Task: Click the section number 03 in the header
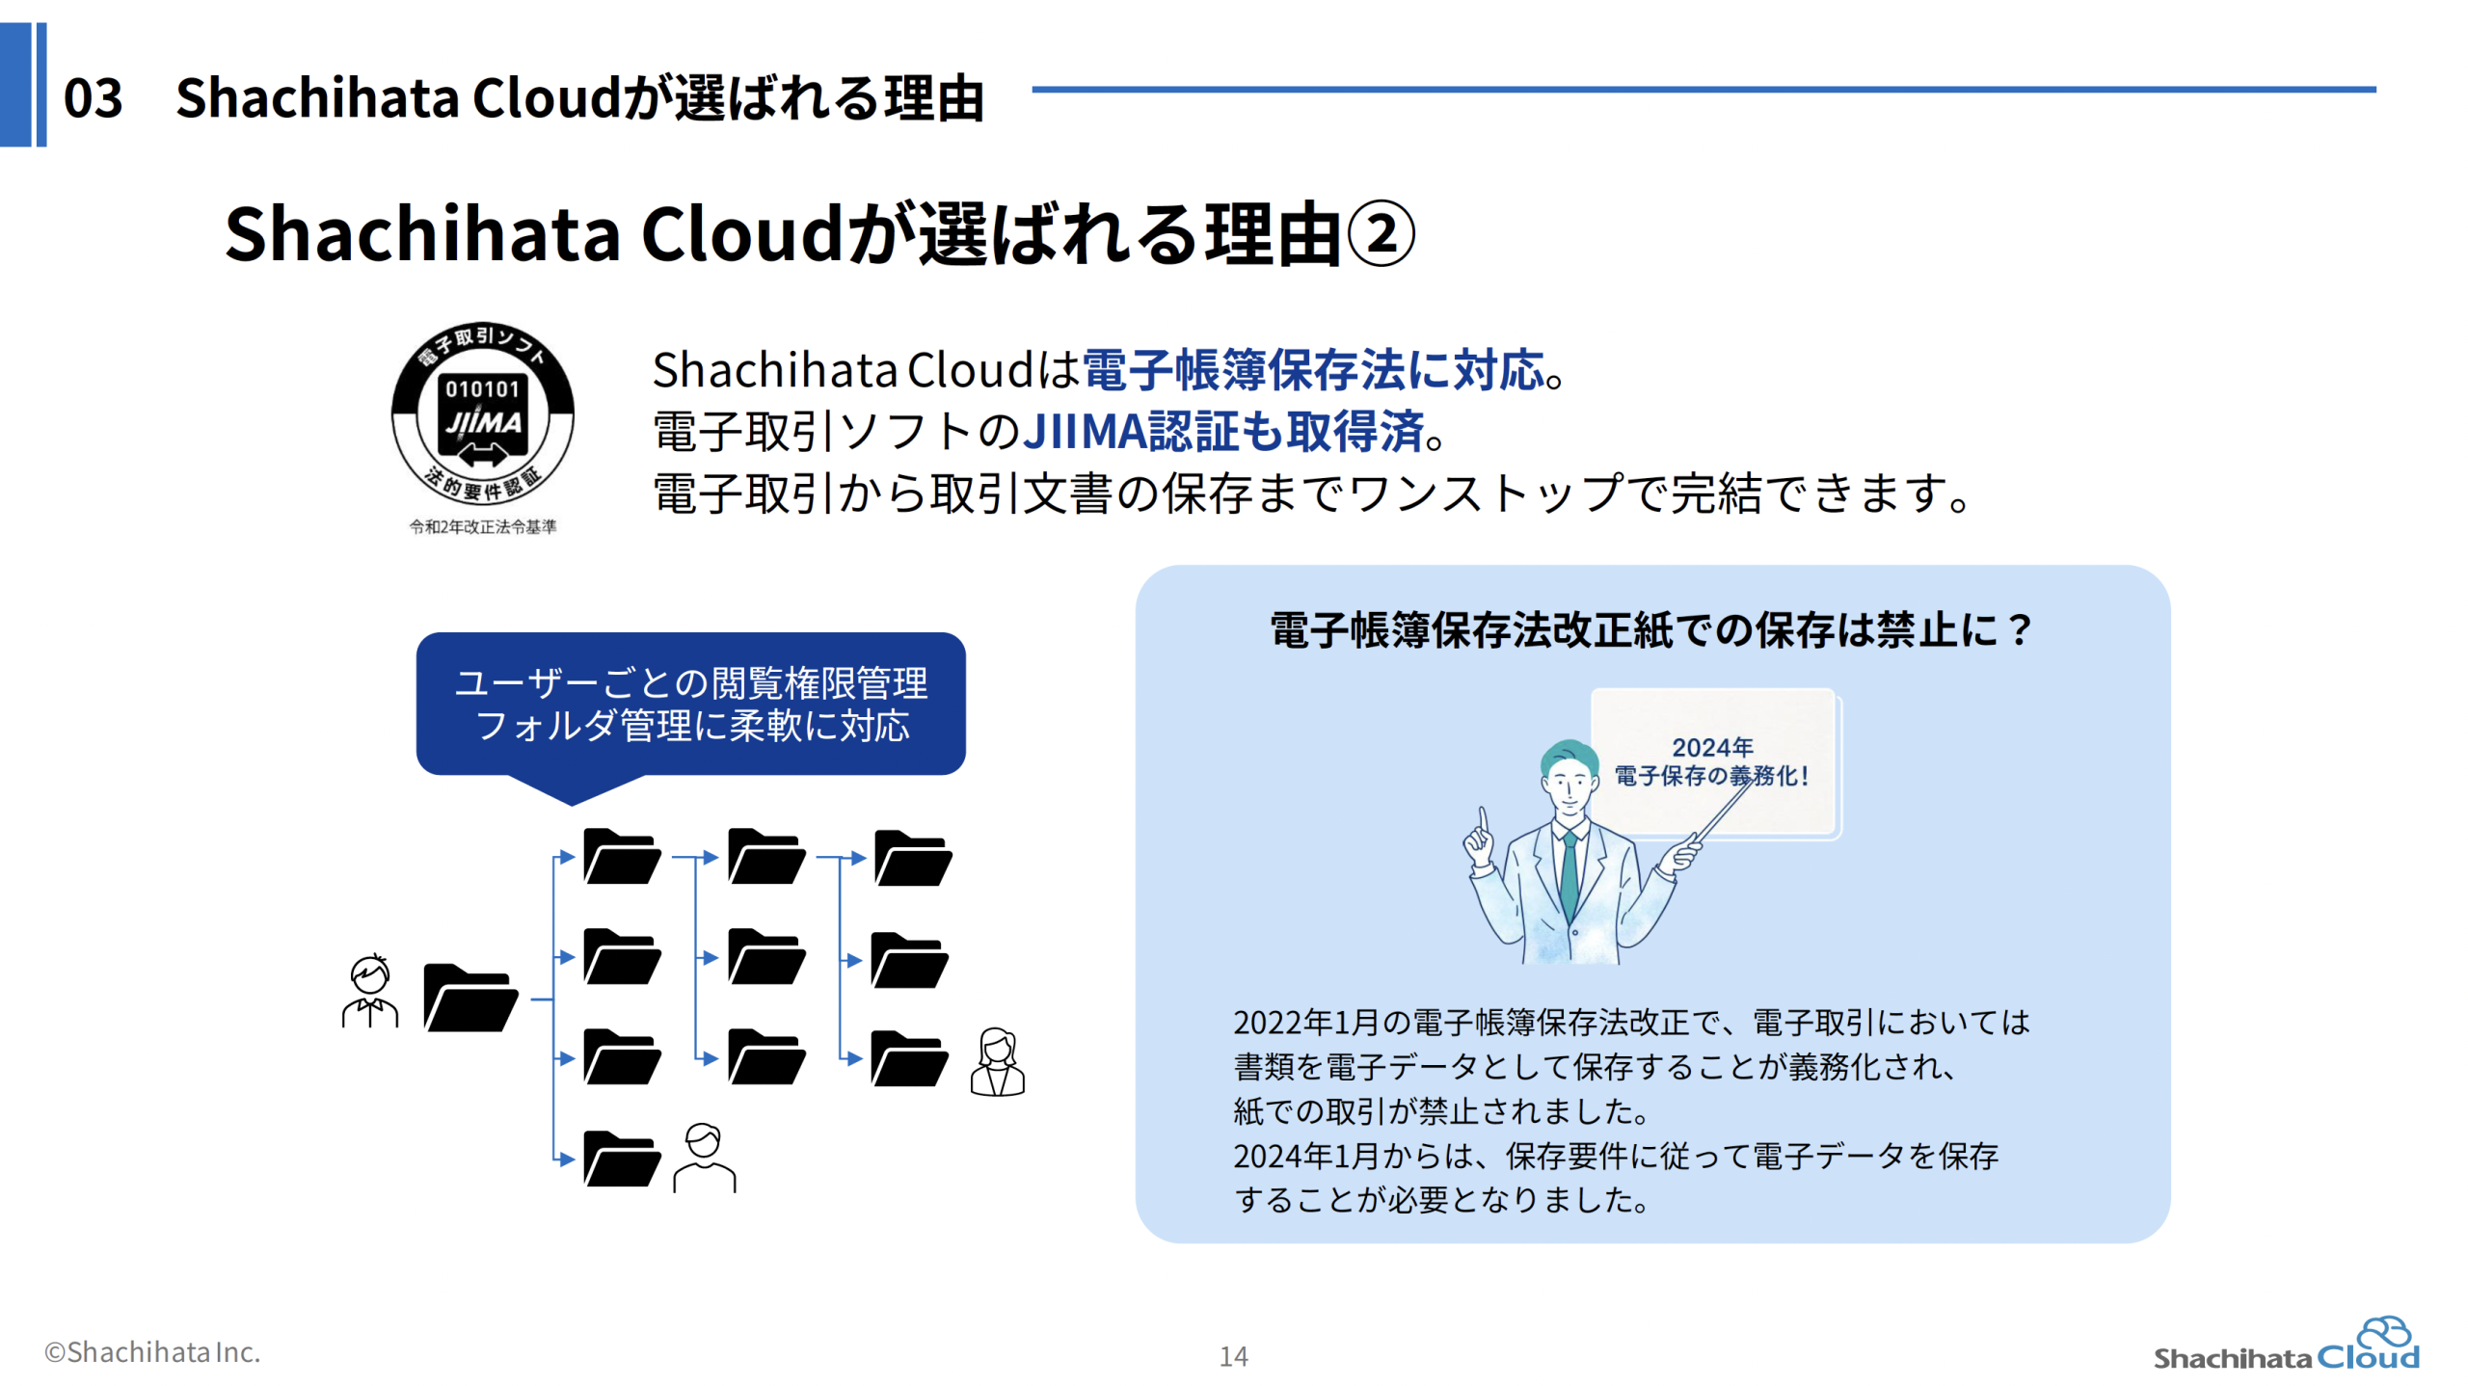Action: [x=93, y=97]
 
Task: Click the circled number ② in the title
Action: [x=1380, y=234]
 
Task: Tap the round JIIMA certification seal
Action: [x=482, y=413]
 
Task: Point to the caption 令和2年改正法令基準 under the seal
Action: [x=482, y=526]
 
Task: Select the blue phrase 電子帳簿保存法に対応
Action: [x=1313, y=370]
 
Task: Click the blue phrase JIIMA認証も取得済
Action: [x=1222, y=431]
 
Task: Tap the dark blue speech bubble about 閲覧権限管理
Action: [x=690, y=706]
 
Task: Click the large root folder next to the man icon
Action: [x=470, y=998]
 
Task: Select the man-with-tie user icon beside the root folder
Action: [x=369, y=991]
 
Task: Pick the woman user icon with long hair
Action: [x=997, y=1061]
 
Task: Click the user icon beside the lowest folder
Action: [x=704, y=1158]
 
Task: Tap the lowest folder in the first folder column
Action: [x=622, y=1158]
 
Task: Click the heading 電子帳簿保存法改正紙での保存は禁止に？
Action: [x=1651, y=630]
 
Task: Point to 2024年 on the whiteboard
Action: [x=1712, y=747]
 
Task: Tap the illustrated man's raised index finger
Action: [x=1484, y=822]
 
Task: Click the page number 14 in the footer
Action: [x=1233, y=1356]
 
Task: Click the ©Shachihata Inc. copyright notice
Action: [x=152, y=1352]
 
